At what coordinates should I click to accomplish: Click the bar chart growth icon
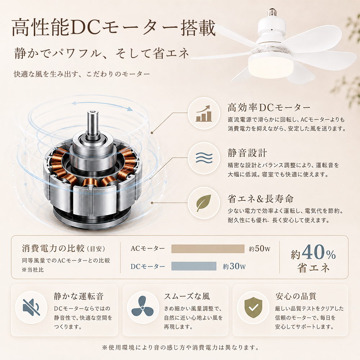[204, 113]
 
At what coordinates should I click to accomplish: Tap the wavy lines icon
[204, 158]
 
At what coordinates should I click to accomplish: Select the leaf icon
[204, 203]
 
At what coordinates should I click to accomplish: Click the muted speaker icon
[31, 307]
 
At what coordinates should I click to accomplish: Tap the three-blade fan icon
[142, 307]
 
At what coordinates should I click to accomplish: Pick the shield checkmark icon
[253, 307]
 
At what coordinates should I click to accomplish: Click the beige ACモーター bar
[208, 249]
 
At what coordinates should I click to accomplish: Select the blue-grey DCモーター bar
[194, 266]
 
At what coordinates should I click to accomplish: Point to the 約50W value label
[260, 249]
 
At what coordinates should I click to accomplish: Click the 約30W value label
[234, 266]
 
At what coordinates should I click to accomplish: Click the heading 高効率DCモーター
[269, 107]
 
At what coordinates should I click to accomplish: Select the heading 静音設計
[247, 153]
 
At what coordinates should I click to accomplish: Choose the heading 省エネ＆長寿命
[261, 199]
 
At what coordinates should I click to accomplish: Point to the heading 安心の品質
[296, 296]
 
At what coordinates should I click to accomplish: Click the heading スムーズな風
[187, 296]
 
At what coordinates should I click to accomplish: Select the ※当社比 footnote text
[33, 270]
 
